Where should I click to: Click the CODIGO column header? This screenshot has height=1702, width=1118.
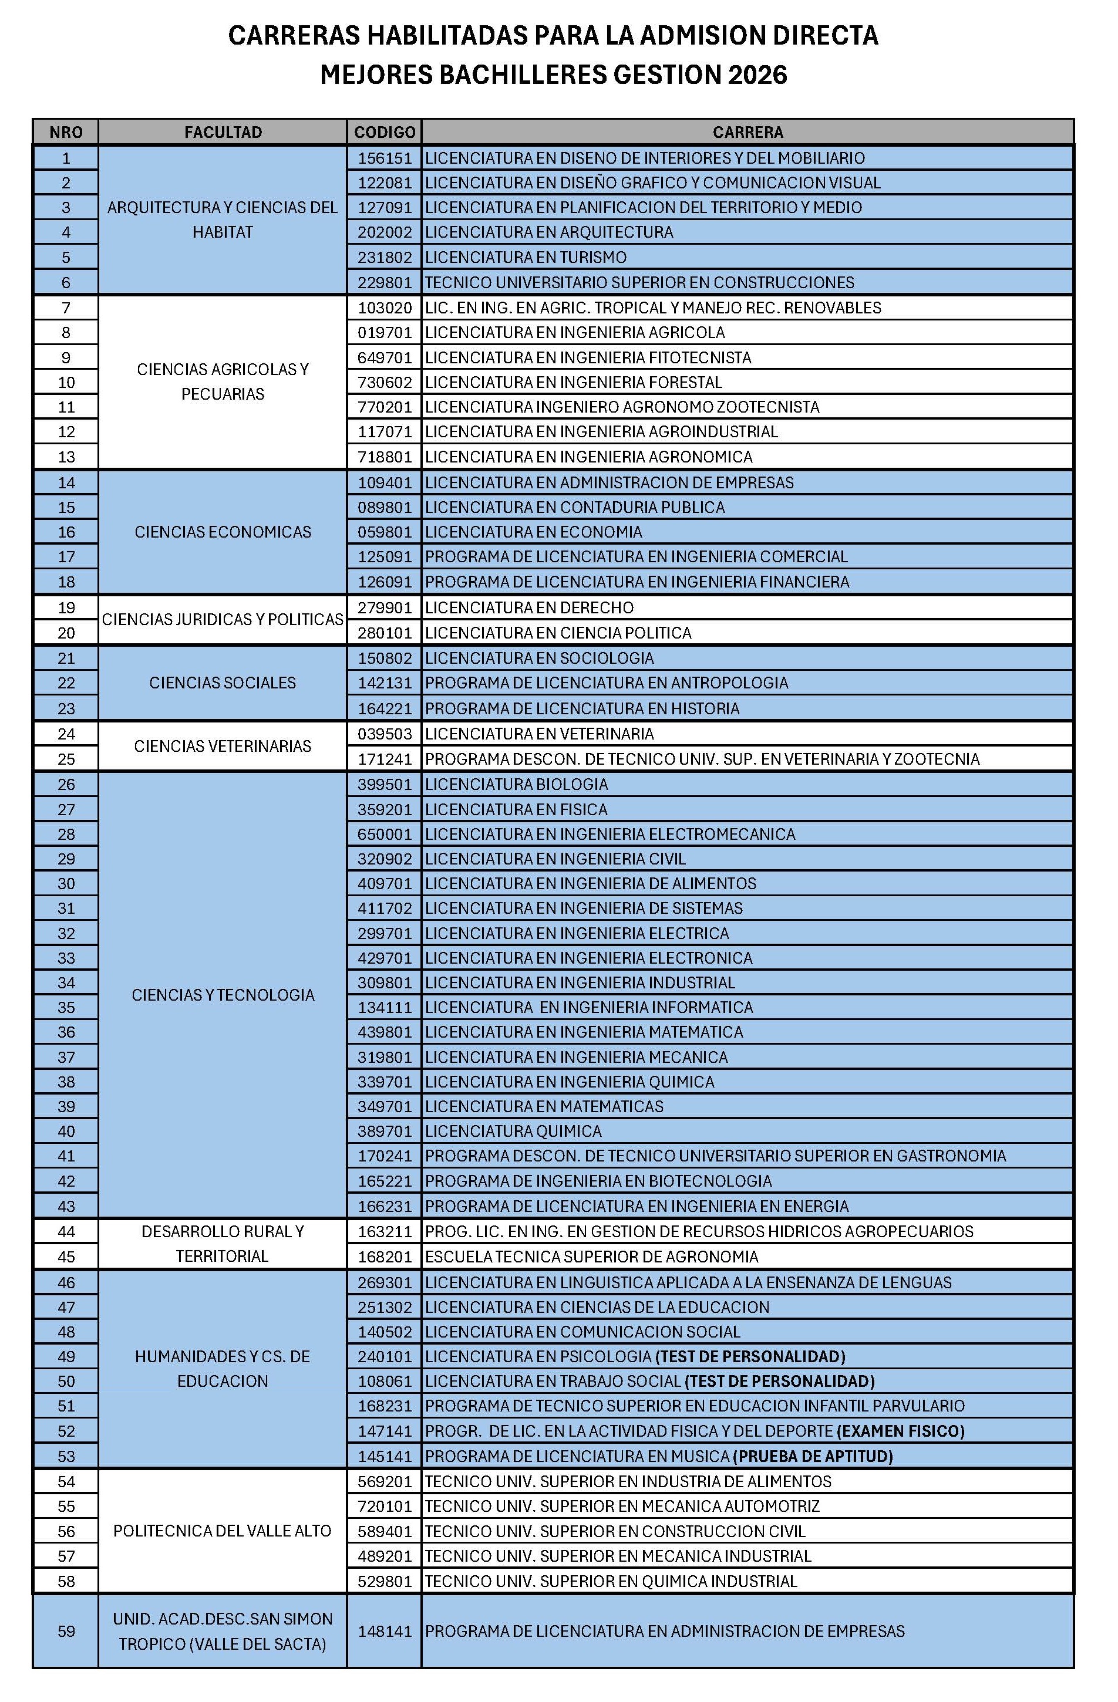click(x=384, y=132)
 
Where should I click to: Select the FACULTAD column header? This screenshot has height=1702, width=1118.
click(x=223, y=132)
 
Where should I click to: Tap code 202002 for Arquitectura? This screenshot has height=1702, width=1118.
click(x=385, y=232)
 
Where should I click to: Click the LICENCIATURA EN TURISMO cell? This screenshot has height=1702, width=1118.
click(x=526, y=258)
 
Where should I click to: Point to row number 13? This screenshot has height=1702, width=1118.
click(x=66, y=457)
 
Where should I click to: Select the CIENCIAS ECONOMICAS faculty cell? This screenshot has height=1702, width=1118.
click(x=223, y=532)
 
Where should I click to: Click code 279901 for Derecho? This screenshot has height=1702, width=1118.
click(x=385, y=608)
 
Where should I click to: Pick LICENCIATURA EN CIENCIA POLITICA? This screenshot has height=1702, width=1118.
click(x=558, y=633)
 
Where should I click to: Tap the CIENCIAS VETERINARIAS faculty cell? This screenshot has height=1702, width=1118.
click(x=223, y=746)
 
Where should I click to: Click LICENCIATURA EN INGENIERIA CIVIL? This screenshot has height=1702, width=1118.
click(x=555, y=859)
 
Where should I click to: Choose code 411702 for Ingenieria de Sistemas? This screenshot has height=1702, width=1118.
click(x=385, y=908)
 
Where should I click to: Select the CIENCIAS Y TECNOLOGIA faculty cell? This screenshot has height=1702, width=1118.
click(x=223, y=995)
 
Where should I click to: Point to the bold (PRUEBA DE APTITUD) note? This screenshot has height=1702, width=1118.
click(x=813, y=1456)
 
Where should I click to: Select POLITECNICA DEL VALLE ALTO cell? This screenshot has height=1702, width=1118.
click(x=223, y=1531)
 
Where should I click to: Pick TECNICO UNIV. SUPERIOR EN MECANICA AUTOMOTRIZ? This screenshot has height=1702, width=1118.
click(x=622, y=1506)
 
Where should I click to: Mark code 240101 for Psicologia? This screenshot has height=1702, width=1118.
click(x=385, y=1356)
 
